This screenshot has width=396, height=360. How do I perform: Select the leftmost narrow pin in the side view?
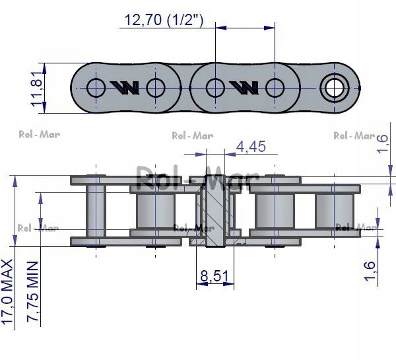coord(96,211)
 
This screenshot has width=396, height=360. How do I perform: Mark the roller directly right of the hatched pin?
coord(274,211)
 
